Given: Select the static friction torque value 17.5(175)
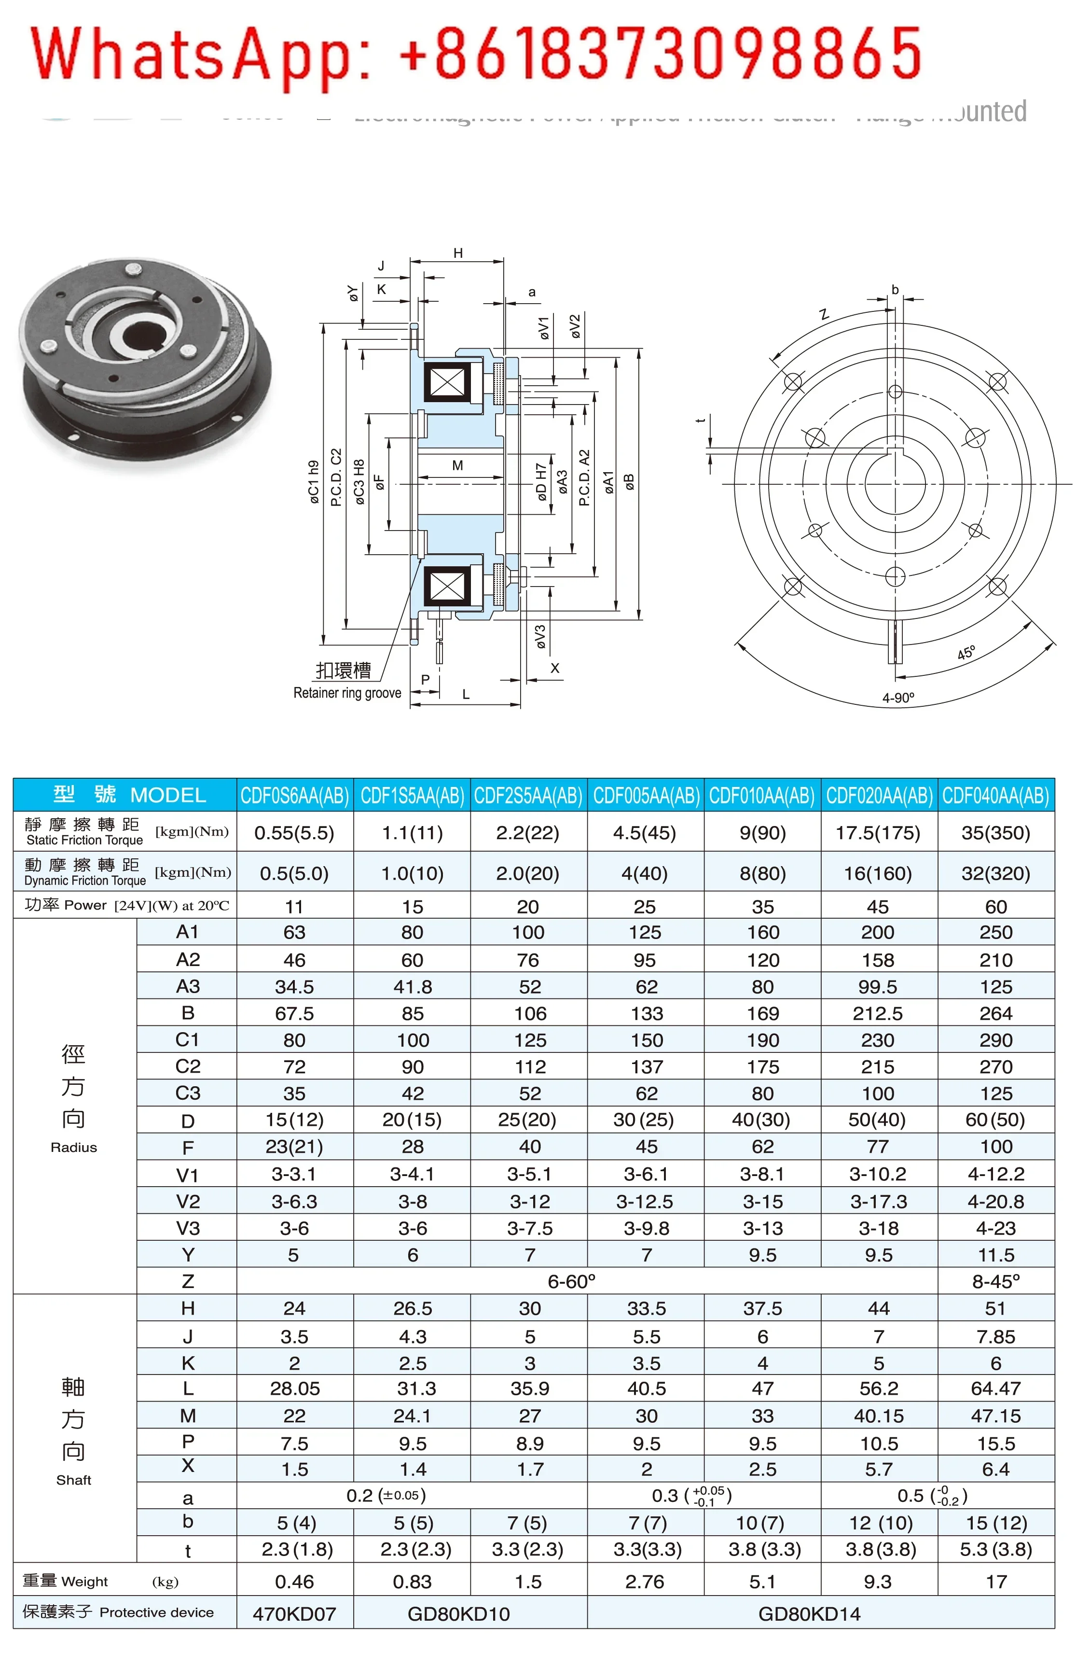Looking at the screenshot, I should pos(878,833).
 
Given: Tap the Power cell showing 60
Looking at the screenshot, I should pos(995,906).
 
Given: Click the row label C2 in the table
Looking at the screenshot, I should pos(187,1066).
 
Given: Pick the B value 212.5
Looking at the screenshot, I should pos(878,1013).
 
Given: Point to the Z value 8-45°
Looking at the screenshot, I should pos(995,1281).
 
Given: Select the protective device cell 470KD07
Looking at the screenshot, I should pos(294,1613).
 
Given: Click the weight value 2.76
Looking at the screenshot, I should pos(645,1581).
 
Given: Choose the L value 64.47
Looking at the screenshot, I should pos(995,1388).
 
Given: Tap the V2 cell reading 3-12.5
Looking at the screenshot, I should pos(645,1201).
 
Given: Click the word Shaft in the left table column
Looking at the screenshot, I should pos(73,1479).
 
